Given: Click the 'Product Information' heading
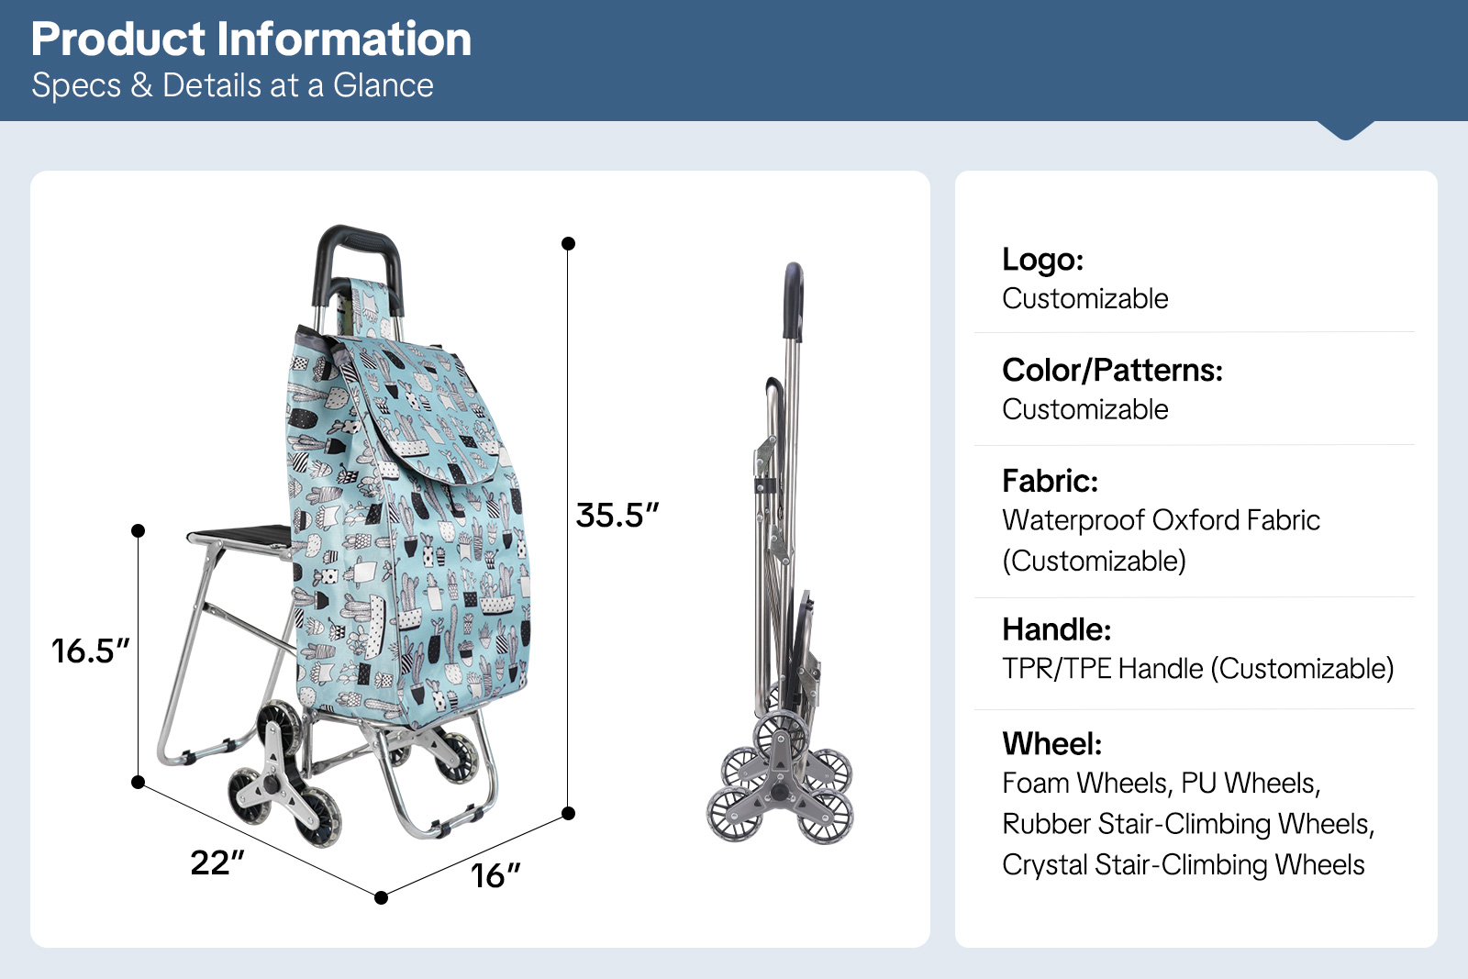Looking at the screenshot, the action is pos(251,39).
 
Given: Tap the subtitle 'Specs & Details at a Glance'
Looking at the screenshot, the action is pos(233,85).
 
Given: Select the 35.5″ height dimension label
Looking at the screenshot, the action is pos(617,515).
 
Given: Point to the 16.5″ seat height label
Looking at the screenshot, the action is pos(91,651).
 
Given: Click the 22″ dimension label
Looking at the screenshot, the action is pos(217,862).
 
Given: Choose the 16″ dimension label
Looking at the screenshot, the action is pos(495,875).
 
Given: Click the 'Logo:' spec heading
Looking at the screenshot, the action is pos(1042,260).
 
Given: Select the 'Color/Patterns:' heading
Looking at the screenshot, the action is pos(1112,371).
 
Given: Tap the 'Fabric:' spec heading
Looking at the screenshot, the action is pos(1050,481).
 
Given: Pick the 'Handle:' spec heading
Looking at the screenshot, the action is pos(1056,629).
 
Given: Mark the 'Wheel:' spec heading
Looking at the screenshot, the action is pos(1051,744).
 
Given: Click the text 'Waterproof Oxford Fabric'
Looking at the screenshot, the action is pos(1161,520).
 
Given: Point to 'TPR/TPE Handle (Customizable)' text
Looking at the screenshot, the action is pos(1198,669).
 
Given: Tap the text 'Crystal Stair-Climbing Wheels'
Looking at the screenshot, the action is pos(1183,865).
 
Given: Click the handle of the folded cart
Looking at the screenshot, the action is pos(794,302).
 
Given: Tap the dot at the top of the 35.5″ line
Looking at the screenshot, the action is pos(568,244).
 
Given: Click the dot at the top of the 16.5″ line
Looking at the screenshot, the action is pos(138,530).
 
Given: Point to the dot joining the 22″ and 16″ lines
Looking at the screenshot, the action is pos(381,897).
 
